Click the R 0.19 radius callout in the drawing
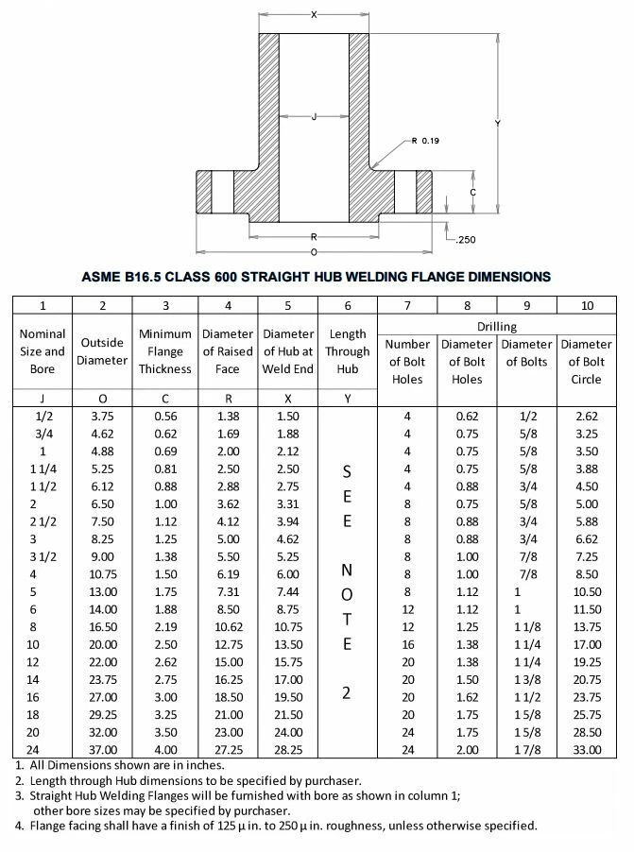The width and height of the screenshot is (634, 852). pyautogui.click(x=426, y=141)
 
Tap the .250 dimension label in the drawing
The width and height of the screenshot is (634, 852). pyautogui.click(x=464, y=240)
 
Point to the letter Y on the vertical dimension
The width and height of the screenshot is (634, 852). pyautogui.click(x=497, y=123)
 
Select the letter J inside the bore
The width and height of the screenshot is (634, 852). pyautogui.click(x=313, y=117)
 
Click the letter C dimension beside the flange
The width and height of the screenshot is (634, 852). pyautogui.click(x=471, y=192)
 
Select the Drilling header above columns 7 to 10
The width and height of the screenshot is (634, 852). pyautogui.click(x=496, y=325)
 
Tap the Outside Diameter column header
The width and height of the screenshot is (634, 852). pyautogui.click(x=103, y=351)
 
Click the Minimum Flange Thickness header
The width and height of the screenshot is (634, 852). pyautogui.click(x=165, y=351)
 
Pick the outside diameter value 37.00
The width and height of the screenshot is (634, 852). pyautogui.click(x=103, y=749)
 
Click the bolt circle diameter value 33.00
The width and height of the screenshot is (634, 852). pyautogui.click(x=588, y=749)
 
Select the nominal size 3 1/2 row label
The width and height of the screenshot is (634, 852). pyautogui.click(x=43, y=556)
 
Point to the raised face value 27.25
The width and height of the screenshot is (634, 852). pyautogui.click(x=228, y=749)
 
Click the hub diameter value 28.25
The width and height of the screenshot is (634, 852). pyautogui.click(x=288, y=749)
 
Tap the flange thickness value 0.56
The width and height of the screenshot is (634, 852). pyautogui.click(x=165, y=415)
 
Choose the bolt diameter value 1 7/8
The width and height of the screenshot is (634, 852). pyautogui.click(x=527, y=749)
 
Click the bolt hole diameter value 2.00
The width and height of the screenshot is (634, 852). pyautogui.click(x=467, y=749)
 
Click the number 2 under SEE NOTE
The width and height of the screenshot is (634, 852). pyautogui.click(x=347, y=692)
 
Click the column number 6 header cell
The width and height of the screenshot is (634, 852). pyautogui.click(x=347, y=305)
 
